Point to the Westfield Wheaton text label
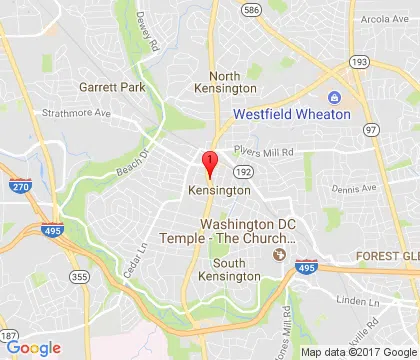click(291, 114)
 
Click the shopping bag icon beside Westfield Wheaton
click(333, 97)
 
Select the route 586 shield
click(250, 11)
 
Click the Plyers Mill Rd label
click(264, 153)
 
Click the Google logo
click(33, 347)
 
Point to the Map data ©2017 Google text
click(358, 351)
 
